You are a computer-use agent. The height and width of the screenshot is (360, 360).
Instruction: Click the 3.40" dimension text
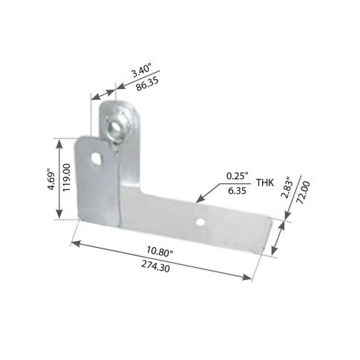click(x=141, y=71)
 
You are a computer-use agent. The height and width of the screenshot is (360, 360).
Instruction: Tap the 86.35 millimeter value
click(x=148, y=84)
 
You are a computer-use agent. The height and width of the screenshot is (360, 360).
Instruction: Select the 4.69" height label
click(x=52, y=180)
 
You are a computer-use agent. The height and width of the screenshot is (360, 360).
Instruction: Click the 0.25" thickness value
click(x=237, y=176)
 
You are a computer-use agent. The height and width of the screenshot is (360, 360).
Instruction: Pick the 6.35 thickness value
click(x=237, y=191)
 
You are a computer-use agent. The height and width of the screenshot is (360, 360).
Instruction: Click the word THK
click(x=265, y=183)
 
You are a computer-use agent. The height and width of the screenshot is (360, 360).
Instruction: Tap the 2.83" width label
click(x=287, y=188)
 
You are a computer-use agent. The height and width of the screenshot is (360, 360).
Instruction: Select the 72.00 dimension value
click(x=304, y=192)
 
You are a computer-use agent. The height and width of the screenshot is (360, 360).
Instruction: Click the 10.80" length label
click(x=159, y=251)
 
